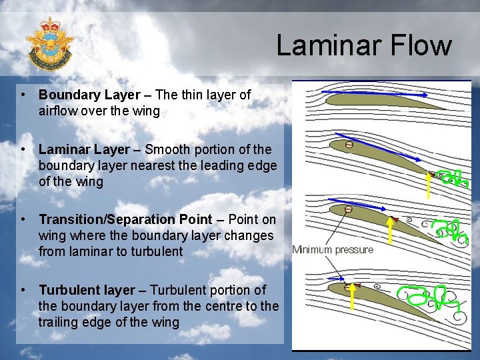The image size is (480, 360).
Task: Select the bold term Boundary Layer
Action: (x=89, y=95)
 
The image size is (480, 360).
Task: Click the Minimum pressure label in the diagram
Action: (x=333, y=249)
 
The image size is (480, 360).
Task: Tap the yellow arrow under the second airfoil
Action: (x=428, y=185)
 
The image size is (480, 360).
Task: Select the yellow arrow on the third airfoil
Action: (x=390, y=233)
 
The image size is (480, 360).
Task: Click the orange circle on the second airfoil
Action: (x=349, y=145)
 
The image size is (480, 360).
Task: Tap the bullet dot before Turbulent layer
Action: (x=23, y=290)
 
